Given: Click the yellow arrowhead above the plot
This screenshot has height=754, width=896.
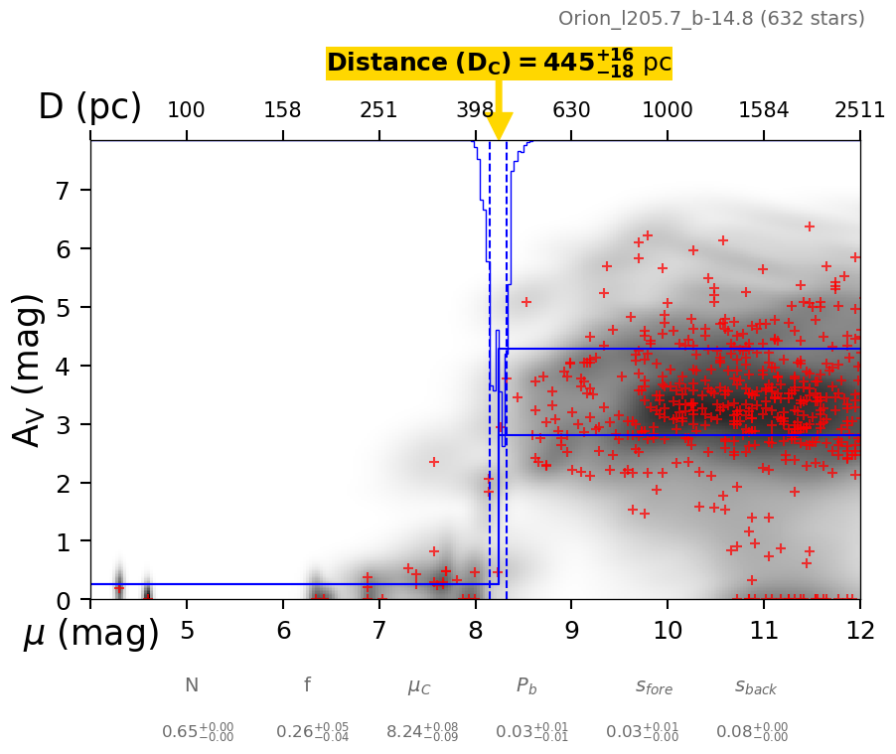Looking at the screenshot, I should point(500,126).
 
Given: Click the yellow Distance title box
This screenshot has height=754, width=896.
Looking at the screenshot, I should point(499,63).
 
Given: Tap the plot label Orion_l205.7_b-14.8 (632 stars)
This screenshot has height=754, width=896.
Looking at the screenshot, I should point(711,18).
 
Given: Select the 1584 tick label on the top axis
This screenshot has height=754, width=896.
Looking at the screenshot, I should point(764,109).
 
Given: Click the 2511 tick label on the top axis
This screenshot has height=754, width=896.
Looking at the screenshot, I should point(859,109).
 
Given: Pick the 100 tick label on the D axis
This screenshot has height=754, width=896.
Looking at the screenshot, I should point(186,109).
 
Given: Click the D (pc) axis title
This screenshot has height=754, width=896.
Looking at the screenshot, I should point(89,107).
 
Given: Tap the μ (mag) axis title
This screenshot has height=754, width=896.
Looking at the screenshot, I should point(91,634).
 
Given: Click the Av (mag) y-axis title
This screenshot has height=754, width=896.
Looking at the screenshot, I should point(30,370).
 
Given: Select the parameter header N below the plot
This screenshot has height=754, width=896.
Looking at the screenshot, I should point(192,685).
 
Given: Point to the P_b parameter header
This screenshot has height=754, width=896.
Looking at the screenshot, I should point(527,686).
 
